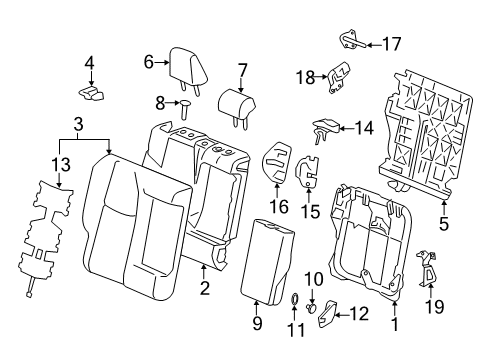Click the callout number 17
[x=391, y=44]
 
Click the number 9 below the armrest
[x=256, y=323]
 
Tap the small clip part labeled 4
[x=92, y=92]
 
